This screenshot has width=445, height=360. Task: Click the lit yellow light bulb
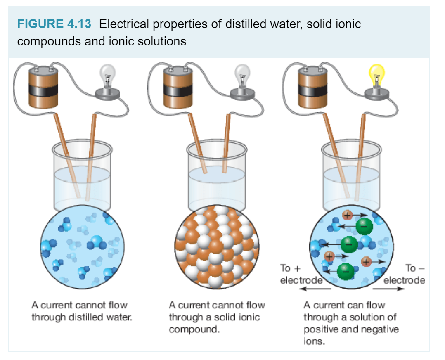tap(376, 74)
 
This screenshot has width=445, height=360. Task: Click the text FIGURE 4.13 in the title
tap(54, 24)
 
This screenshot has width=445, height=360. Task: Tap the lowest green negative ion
tap(345, 271)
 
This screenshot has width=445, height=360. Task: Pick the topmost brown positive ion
tap(348, 215)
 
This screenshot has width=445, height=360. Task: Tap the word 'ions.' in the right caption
tap(314, 341)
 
